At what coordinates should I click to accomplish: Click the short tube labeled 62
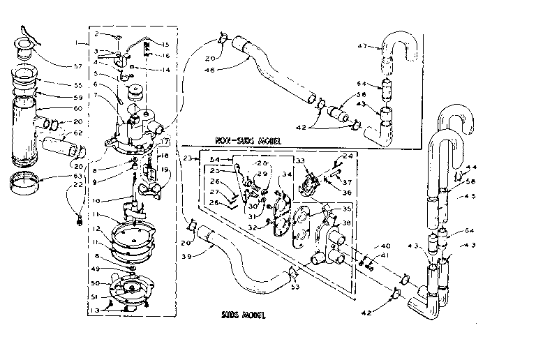[x=61, y=147]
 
